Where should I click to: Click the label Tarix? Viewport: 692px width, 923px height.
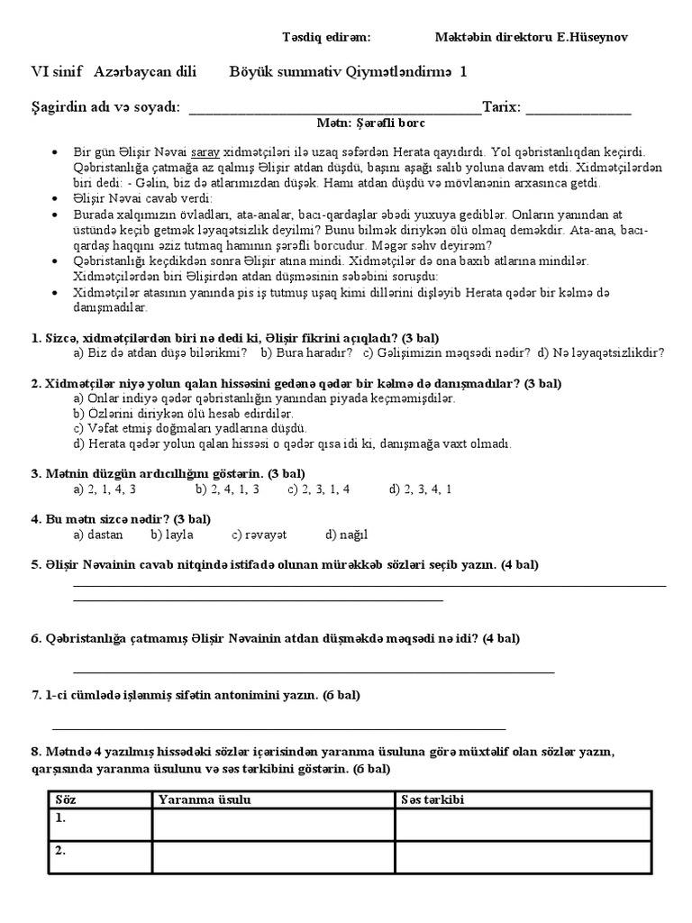(502, 107)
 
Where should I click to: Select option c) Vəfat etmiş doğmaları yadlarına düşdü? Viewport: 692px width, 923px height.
(190, 428)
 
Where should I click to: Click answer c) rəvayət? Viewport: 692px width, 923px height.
(259, 535)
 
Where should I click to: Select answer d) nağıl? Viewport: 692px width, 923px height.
(347, 535)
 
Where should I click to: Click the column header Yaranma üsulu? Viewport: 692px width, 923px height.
(204, 800)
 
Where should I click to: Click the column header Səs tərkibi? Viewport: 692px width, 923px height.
(433, 800)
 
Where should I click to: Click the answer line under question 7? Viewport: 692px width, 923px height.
(279, 727)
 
